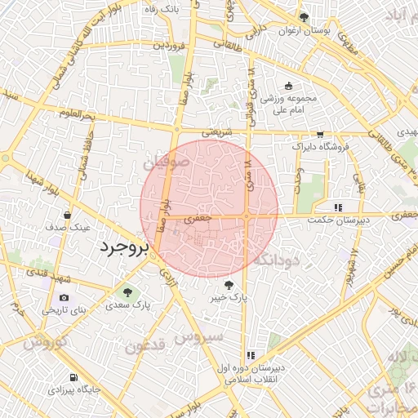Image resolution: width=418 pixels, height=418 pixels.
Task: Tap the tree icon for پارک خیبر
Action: click(x=229, y=285)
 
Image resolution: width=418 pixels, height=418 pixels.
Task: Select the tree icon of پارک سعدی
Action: click(x=126, y=291)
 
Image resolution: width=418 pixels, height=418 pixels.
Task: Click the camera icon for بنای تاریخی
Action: click(x=64, y=297)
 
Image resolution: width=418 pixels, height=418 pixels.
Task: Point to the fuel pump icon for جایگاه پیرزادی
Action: click(x=74, y=377)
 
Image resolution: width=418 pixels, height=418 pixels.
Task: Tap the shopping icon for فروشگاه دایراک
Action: click(x=320, y=135)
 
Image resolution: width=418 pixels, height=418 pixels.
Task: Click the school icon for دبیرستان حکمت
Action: click(x=338, y=207)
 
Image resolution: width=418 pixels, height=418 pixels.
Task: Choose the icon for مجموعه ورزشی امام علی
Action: click(x=287, y=86)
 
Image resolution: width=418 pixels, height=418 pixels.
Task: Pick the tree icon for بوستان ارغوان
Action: click(x=304, y=17)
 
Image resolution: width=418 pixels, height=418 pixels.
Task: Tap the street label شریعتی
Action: click(x=218, y=130)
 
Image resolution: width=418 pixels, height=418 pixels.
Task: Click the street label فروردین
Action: click(x=170, y=44)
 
